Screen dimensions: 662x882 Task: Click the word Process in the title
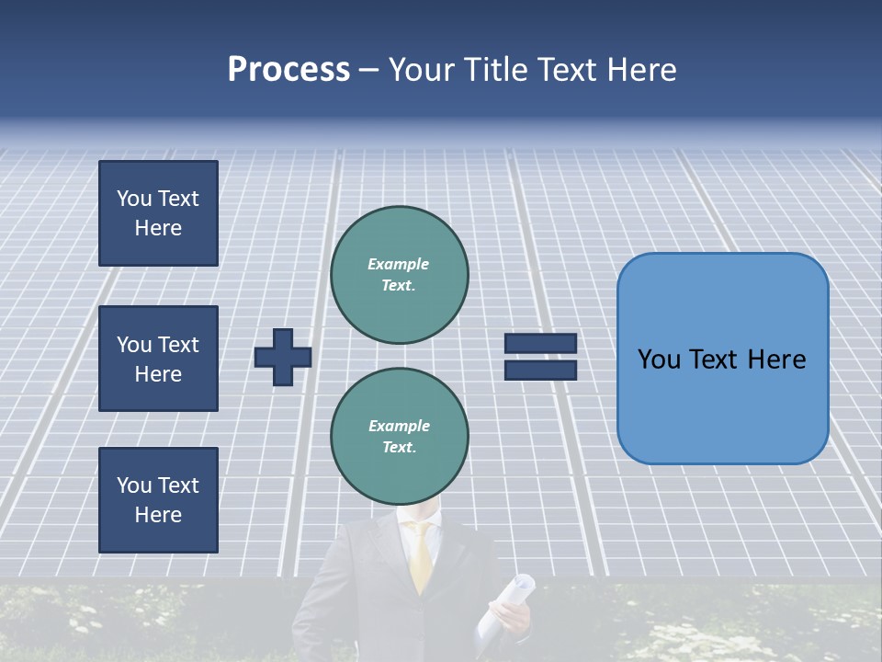pos(288,70)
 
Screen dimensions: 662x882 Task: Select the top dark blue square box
pos(158,213)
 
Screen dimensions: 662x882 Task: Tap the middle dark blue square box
pos(158,359)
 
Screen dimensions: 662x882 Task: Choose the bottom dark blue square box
pos(158,500)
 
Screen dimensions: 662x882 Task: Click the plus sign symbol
pos(283,357)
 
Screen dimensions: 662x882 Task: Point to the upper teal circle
pos(399,275)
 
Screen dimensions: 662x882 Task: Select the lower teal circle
pos(399,437)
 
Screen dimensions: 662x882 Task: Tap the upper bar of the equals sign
pos(540,343)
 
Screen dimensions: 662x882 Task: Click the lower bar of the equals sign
pos(540,370)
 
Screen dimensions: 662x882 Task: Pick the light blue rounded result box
pos(722,358)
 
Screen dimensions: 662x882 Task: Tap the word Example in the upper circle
pos(399,264)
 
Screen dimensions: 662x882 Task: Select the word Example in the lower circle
pos(399,426)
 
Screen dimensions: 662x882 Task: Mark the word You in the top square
pos(133,199)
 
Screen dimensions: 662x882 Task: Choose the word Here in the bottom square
pos(158,515)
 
